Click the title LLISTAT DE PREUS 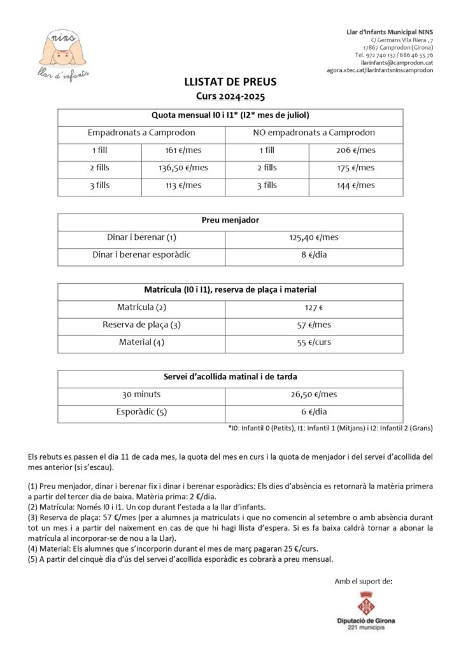230,83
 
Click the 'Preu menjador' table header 230,221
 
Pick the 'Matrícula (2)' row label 141,307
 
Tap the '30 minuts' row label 141,395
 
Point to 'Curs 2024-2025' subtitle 230,97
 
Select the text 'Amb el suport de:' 364,581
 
